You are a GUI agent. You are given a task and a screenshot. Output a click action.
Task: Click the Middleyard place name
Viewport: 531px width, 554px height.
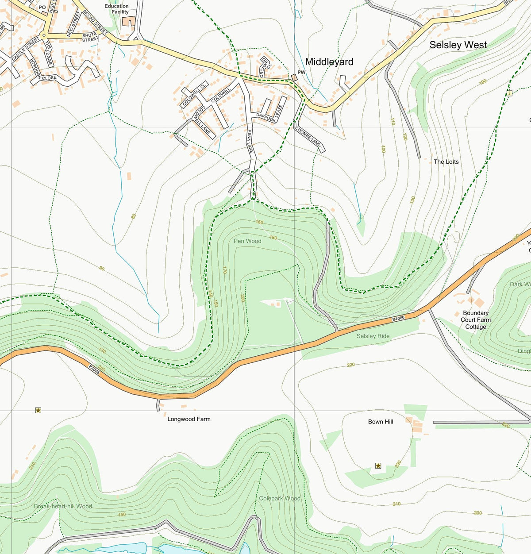(329, 62)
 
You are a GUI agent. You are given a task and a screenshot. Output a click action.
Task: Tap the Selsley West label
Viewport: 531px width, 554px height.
(458, 45)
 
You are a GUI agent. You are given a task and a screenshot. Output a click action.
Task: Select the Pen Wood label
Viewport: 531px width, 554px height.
(247, 241)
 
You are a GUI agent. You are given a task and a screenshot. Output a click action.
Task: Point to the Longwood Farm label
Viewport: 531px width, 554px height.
(189, 419)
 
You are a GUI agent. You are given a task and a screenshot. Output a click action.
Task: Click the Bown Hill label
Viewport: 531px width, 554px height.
(381, 422)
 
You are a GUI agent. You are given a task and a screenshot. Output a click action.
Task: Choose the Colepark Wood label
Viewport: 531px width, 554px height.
(280, 498)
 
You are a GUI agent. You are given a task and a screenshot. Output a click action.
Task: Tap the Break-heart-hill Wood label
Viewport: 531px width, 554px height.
(63, 506)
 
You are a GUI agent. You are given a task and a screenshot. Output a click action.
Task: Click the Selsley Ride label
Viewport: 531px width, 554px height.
(373, 336)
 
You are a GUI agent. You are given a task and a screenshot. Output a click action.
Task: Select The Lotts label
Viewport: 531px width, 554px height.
(446, 162)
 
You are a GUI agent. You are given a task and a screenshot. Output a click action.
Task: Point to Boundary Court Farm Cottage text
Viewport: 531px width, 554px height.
(476, 320)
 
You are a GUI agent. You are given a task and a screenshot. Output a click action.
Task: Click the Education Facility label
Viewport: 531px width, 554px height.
(117, 9)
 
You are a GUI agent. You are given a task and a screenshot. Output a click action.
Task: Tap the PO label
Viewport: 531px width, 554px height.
(42, 8)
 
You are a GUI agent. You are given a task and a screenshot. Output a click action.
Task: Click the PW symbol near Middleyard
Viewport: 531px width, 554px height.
(294, 77)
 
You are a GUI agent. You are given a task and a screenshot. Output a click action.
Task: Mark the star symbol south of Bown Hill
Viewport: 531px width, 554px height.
(378, 466)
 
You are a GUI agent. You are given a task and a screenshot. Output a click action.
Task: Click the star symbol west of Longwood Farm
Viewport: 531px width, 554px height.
(38, 411)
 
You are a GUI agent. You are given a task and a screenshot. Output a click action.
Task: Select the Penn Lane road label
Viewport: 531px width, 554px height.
(250, 142)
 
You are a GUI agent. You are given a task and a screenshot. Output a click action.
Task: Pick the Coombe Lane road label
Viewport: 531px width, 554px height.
(308, 137)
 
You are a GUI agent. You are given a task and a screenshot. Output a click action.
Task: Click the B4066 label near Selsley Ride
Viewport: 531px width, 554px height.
(398, 319)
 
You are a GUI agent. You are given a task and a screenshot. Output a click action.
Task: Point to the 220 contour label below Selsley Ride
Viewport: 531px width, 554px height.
(351, 365)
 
